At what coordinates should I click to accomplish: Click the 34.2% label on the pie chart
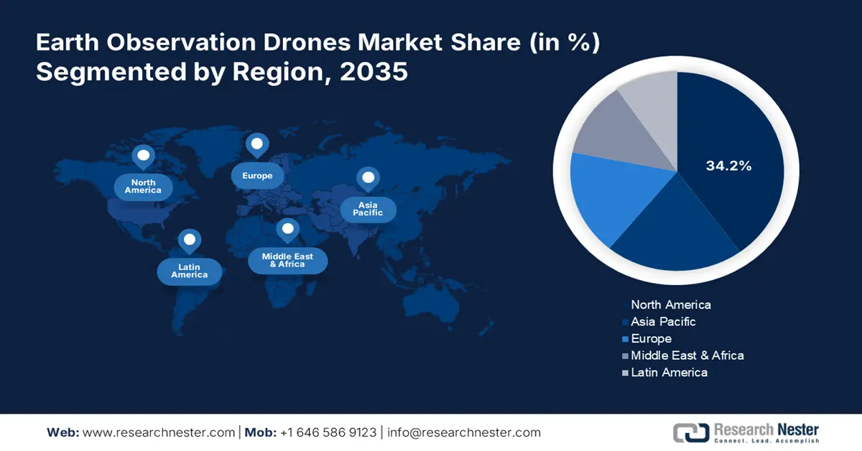[x=728, y=166]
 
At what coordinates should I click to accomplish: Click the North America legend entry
[x=670, y=304]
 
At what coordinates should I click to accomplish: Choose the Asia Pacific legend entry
[x=662, y=322]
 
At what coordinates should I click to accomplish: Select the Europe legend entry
[x=651, y=338]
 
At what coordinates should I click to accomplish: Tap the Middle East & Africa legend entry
[x=687, y=355]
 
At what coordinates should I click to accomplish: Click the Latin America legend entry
[x=669, y=372]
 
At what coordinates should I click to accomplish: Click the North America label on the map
[x=143, y=187]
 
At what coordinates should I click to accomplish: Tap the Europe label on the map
[x=257, y=176]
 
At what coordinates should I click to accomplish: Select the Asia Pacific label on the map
[x=368, y=209]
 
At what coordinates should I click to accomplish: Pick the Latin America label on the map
[x=190, y=271]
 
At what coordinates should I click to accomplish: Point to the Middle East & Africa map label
[x=287, y=260]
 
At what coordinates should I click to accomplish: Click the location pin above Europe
[x=256, y=145]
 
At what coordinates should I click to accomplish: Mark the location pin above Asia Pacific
[x=369, y=178]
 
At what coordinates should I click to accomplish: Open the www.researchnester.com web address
[x=159, y=432]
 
